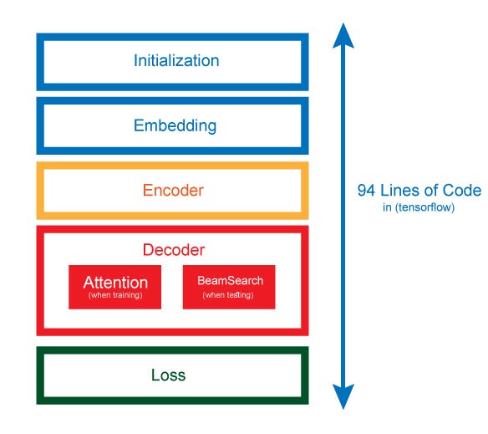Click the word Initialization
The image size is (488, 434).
(x=176, y=61)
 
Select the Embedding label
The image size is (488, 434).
(x=175, y=126)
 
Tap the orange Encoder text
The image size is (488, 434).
(x=173, y=190)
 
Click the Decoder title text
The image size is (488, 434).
(x=173, y=249)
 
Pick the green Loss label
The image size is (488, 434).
(x=168, y=375)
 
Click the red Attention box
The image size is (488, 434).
(x=115, y=288)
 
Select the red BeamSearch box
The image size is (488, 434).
(x=229, y=288)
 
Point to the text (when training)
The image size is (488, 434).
(x=115, y=296)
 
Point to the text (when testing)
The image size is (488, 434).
(x=229, y=296)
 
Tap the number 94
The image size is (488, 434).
(x=366, y=191)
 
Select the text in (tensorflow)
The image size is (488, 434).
(x=419, y=207)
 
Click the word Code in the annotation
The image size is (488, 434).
(x=463, y=191)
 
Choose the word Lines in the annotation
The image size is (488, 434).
(x=399, y=191)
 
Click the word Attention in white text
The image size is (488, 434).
(x=115, y=283)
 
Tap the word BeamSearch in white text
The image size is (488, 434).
(x=229, y=281)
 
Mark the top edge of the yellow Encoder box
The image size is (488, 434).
(x=173, y=166)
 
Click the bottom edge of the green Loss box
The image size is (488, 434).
(x=173, y=401)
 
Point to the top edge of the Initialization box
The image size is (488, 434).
(x=173, y=37)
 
